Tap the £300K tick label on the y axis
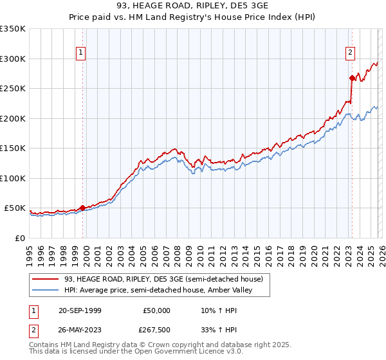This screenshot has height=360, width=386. [13, 59]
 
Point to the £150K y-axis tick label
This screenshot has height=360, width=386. [13, 148]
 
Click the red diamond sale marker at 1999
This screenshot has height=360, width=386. [82, 208]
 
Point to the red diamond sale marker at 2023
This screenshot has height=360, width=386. [352, 78]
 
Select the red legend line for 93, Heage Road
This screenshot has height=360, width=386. [46, 280]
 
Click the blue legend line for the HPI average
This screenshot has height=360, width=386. [46, 291]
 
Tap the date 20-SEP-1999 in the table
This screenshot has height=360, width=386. [80, 310]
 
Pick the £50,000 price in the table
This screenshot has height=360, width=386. [156, 310]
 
